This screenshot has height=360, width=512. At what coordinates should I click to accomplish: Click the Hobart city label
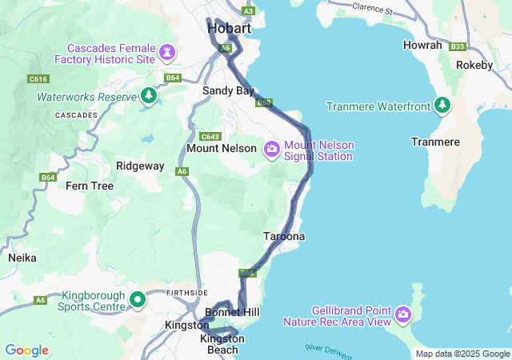coord(229,29)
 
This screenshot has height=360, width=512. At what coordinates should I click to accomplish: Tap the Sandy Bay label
coord(229,91)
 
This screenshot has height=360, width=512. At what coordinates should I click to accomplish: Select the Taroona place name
coord(284,237)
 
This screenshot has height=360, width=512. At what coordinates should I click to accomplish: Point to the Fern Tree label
coord(90,186)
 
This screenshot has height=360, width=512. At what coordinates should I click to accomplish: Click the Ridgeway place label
coord(140,166)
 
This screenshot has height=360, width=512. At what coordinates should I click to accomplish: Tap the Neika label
coord(22,258)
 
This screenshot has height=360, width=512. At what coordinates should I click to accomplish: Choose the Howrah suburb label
coord(422,46)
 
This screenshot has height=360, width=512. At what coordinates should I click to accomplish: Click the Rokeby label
coord(474,65)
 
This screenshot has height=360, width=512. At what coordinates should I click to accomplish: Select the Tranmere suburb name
coord(435,142)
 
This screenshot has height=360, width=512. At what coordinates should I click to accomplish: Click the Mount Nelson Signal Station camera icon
coord(272,148)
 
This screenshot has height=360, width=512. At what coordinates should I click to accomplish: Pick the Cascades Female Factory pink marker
coord(166,54)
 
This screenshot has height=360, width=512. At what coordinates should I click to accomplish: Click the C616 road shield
coord(38,78)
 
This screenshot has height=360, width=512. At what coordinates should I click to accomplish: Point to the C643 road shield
coord(210,136)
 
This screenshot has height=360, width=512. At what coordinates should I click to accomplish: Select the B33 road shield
coord(458,47)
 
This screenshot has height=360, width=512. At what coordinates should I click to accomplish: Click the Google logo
coord(27,350)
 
